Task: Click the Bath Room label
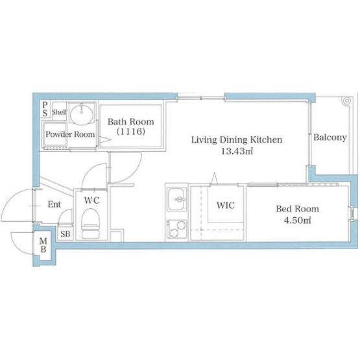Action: click(x=131, y=122)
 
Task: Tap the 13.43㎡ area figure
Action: click(x=237, y=151)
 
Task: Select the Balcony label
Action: click(x=330, y=138)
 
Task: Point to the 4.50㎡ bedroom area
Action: click(x=297, y=221)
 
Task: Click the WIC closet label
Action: click(x=226, y=205)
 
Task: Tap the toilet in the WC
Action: click(x=91, y=223)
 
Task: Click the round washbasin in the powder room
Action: click(x=82, y=114)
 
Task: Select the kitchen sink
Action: click(x=176, y=199)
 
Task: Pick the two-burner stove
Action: click(x=176, y=229)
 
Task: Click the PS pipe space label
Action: click(x=45, y=109)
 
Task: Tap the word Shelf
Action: click(x=60, y=112)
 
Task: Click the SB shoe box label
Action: click(x=66, y=234)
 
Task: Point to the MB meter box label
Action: click(x=43, y=245)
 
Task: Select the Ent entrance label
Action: click(x=54, y=204)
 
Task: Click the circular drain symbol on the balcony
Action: click(x=346, y=101)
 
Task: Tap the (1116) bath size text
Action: click(x=131, y=132)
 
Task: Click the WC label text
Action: click(x=92, y=200)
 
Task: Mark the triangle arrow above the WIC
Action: click(x=214, y=178)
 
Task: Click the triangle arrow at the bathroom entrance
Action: click(x=105, y=139)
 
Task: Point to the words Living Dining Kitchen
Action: click(x=237, y=140)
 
